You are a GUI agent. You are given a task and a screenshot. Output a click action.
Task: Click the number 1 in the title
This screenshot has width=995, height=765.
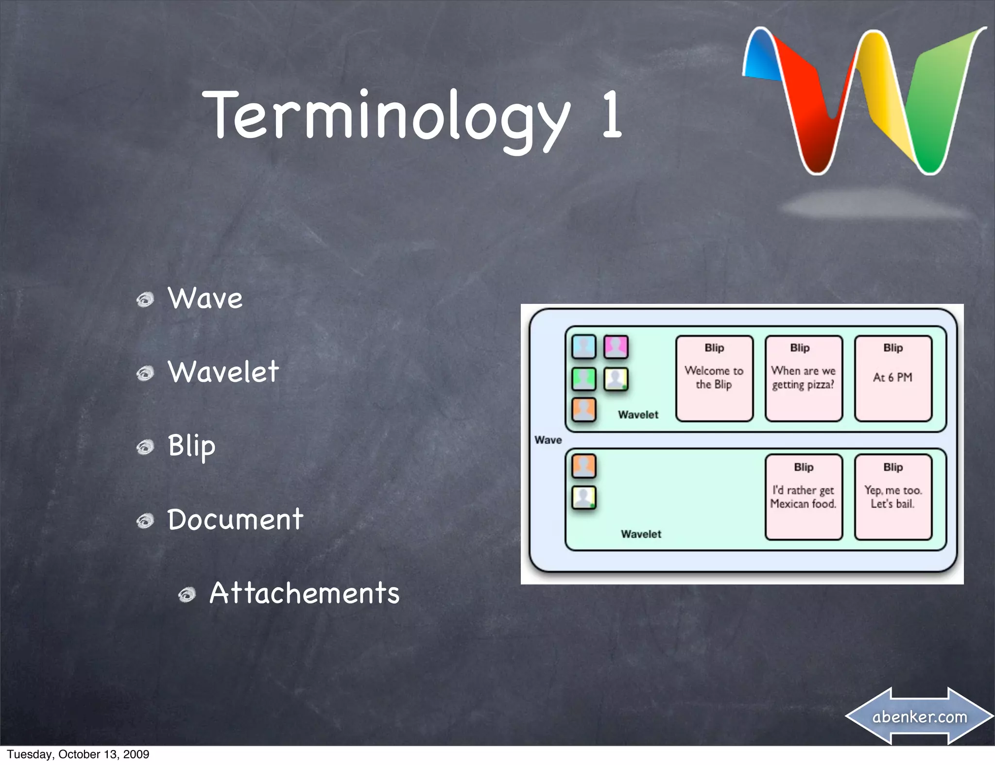pyautogui.click(x=611, y=115)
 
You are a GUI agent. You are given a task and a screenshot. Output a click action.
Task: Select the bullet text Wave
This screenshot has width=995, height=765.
pyautogui.click(x=205, y=298)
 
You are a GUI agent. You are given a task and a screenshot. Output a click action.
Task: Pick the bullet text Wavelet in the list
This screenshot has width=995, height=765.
pyautogui.click(x=223, y=372)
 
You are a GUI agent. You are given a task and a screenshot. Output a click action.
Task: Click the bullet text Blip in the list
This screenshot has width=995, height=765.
pyautogui.click(x=191, y=446)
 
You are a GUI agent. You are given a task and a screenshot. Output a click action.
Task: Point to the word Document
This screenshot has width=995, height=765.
pyautogui.click(x=235, y=519)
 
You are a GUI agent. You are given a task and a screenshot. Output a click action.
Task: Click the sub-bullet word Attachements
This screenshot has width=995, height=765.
pyautogui.click(x=304, y=593)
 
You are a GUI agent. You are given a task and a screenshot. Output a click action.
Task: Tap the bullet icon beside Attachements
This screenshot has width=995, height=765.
pyautogui.click(x=187, y=594)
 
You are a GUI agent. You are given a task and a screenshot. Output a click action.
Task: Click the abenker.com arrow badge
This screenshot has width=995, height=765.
pyautogui.click(x=919, y=716)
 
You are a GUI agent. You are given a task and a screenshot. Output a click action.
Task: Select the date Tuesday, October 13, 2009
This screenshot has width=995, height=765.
pyautogui.click(x=78, y=754)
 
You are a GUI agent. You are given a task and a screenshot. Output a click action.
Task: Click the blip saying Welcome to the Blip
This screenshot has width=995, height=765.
pyautogui.click(x=714, y=378)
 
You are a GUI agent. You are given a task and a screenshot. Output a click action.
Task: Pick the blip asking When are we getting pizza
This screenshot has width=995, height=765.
pyautogui.click(x=803, y=378)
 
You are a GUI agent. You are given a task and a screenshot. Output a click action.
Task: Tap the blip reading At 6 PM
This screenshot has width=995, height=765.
pyautogui.click(x=893, y=378)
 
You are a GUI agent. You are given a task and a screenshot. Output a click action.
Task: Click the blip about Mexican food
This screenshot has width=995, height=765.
pyautogui.click(x=803, y=497)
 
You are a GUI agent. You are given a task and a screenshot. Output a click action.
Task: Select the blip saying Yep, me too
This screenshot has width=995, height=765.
pyautogui.click(x=893, y=497)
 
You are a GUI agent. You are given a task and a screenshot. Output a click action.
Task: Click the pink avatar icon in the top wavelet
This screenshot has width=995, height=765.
pyautogui.click(x=616, y=347)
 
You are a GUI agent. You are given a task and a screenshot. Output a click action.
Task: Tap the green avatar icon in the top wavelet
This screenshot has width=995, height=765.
pyautogui.click(x=583, y=379)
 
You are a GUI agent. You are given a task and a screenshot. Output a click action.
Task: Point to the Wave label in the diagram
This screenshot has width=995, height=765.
pyautogui.click(x=548, y=440)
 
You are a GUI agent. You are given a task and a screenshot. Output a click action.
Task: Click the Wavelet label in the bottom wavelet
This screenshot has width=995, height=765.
pyautogui.click(x=641, y=534)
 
